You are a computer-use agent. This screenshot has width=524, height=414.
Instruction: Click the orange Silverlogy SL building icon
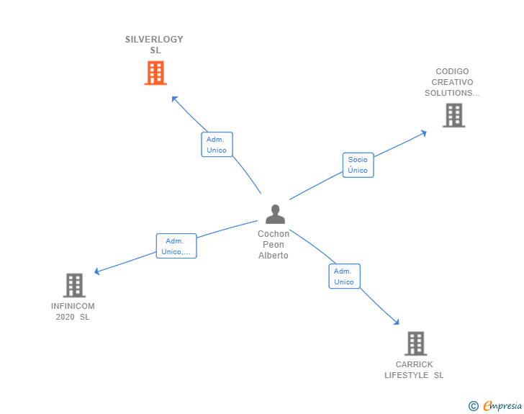(155, 73)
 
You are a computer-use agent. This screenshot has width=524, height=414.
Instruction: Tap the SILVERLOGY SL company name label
(155, 45)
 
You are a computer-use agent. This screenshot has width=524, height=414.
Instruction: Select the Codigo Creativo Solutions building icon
(453, 115)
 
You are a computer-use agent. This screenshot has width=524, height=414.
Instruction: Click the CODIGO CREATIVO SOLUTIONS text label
(452, 82)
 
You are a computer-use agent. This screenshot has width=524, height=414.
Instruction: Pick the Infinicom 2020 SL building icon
(74, 285)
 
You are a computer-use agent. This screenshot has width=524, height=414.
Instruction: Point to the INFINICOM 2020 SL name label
(73, 311)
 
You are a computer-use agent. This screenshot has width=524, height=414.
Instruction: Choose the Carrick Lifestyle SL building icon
(415, 343)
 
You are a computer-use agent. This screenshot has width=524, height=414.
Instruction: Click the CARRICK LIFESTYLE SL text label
(414, 369)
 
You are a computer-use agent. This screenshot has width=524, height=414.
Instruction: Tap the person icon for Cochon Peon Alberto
(275, 215)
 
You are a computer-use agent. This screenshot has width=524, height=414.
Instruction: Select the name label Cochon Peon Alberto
(274, 245)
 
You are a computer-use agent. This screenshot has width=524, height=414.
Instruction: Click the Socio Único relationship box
(358, 165)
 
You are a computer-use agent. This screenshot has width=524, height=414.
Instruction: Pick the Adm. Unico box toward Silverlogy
(217, 145)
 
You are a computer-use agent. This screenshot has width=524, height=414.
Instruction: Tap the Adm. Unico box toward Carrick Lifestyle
(344, 276)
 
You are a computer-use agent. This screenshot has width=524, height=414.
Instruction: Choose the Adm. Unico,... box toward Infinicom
(176, 246)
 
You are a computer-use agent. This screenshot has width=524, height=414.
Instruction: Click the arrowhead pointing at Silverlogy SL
(173, 98)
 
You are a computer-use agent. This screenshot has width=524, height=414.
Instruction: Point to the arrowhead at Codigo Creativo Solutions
(424, 132)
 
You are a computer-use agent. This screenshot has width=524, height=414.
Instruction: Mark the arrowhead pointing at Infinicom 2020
(97, 271)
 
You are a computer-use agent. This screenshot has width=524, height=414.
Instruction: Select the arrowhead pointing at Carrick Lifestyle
(397, 323)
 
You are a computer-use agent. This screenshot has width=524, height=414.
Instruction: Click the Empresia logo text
(502, 406)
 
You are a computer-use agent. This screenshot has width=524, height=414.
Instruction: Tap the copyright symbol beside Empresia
(474, 406)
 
